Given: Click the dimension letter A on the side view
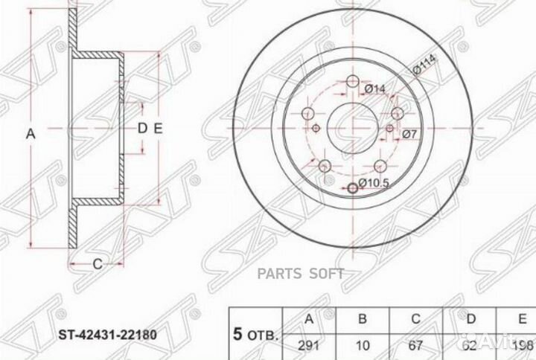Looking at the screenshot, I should pyautogui.click(x=31, y=134).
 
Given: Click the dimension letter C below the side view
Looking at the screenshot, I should pyautogui.click(x=97, y=263).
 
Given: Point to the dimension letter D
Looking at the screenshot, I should pyautogui.click(x=142, y=127).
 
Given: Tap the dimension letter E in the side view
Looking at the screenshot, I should pyautogui.click(x=158, y=127).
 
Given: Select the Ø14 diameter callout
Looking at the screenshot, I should pyautogui.click(x=374, y=90).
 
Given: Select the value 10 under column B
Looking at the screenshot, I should pyautogui.click(x=363, y=347).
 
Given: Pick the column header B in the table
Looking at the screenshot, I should pyautogui.click(x=363, y=320).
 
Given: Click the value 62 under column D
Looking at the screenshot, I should pyautogui.click(x=467, y=347).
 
